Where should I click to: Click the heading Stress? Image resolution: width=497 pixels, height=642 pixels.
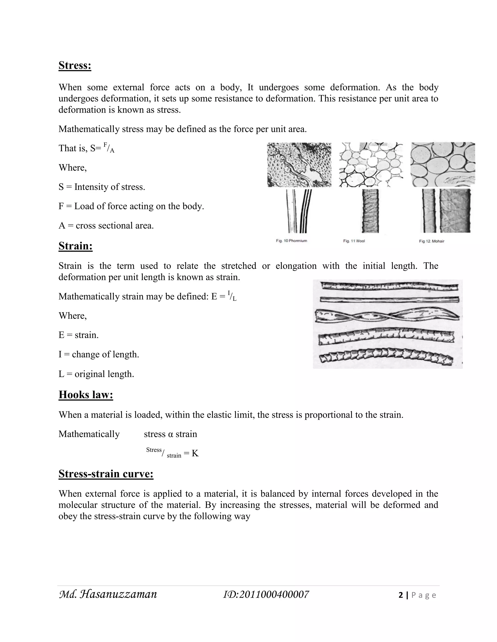coord(75,65)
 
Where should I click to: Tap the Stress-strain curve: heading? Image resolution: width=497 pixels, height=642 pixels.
coord(106,474)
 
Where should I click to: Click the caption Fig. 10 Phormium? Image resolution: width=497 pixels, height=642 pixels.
coord(291,241)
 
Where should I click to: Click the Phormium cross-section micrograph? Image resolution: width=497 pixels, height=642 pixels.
coord(299,165)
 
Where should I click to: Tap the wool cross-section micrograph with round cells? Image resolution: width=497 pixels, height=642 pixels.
coord(371,165)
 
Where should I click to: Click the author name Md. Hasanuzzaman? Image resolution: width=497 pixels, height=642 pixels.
coord(108,594)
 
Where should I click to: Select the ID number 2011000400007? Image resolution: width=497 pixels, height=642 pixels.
coord(266,594)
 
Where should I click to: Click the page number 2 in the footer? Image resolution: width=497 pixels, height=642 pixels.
coord(400,595)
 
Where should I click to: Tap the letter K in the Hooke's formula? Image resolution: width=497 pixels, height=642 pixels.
coord(195,453)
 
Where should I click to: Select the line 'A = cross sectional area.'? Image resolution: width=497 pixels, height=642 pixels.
coord(106,226)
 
